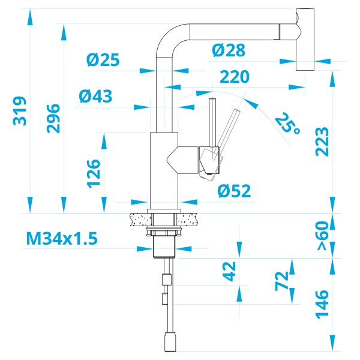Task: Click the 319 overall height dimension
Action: (x=20, y=111)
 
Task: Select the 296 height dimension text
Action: (x=53, y=118)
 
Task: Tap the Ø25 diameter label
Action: (x=103, y=59)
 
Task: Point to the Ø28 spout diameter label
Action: (x=229, y=50)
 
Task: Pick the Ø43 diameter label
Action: (x=95, y=96)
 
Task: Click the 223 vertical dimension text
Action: (x=322, y=142)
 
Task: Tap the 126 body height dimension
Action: (x=93, y=173)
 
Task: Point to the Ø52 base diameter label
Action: (x=234, y=191)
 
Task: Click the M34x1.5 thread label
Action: (x=61, y=239)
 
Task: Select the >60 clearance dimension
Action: (x=322, y=236)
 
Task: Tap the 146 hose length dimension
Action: (x=322, y=304)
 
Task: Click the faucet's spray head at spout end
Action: (x=305, y=39)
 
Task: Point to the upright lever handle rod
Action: (x=212, y=123)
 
